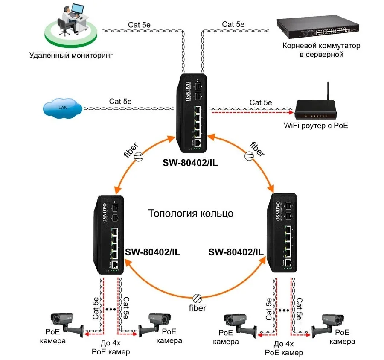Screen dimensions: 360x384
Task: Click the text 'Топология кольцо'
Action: (x=191, y=213)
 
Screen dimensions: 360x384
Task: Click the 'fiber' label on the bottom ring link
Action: (x=197, y=308)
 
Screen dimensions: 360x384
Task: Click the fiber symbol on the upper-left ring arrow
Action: (x=139, y=158)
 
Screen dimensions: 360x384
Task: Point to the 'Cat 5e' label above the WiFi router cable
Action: (x=260, y=102)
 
